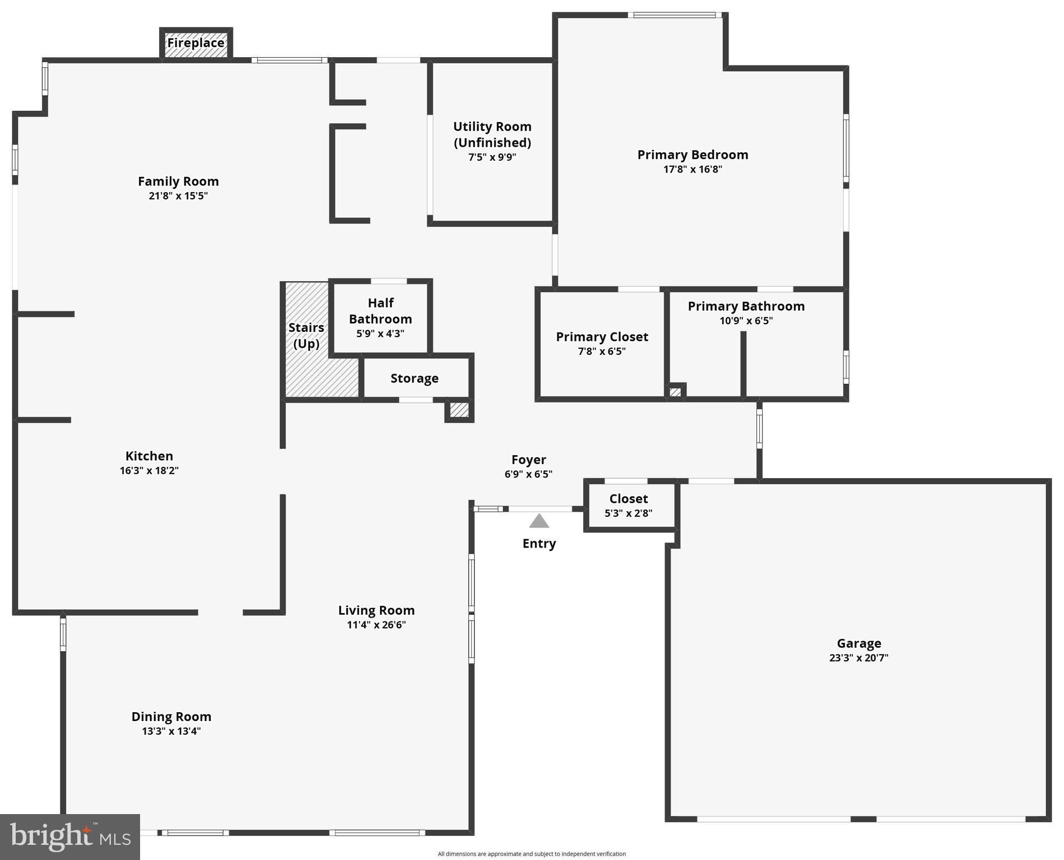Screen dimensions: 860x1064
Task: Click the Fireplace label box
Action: [x=196, y=43]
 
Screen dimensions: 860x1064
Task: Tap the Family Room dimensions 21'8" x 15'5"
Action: [x=178, y=196]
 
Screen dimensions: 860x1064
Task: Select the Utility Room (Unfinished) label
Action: [x=492, y=134]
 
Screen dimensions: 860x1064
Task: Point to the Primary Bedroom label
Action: [x=693, y=155]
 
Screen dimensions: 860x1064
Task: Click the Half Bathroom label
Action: [x=380, y=311]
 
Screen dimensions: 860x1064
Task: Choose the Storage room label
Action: [x=414, y=378]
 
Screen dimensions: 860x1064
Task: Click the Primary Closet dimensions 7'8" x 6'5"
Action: [x=602, y=352]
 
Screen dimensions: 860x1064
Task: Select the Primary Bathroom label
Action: [x=746, y=306]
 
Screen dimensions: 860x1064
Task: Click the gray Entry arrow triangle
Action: [x=539, y=522]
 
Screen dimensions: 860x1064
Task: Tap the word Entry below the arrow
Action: [x=539, y=544]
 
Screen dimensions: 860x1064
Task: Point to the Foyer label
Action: [x=528, y=460]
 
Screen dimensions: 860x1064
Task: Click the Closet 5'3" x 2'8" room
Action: [x=629, y=505]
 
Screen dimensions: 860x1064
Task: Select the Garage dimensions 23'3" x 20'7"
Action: [x=858, y=658]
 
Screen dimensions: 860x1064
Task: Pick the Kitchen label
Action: [x=149, y=456]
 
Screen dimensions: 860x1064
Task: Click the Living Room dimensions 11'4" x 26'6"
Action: [x=376, y=625]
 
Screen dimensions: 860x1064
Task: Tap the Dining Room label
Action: [x=171, y=717]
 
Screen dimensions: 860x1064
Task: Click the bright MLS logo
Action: [x=70, y=836]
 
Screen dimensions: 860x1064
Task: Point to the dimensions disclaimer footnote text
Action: [x=532, y=854]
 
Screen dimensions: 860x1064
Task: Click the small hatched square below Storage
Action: [x=459, y=410]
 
